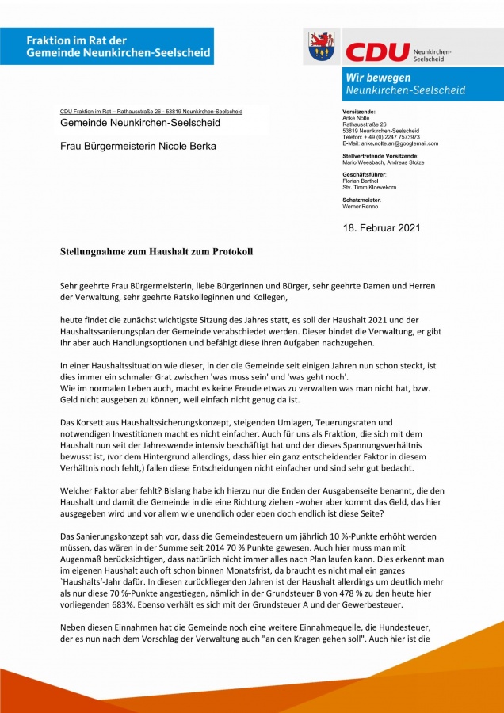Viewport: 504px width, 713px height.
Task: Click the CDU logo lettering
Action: tap(376, 52)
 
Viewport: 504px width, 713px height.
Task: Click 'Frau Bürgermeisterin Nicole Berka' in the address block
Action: tap(139, 146)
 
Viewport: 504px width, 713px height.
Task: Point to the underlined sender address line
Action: tap(151, 112)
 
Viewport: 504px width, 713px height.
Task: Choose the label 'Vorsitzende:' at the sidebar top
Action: tap(359, 112)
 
